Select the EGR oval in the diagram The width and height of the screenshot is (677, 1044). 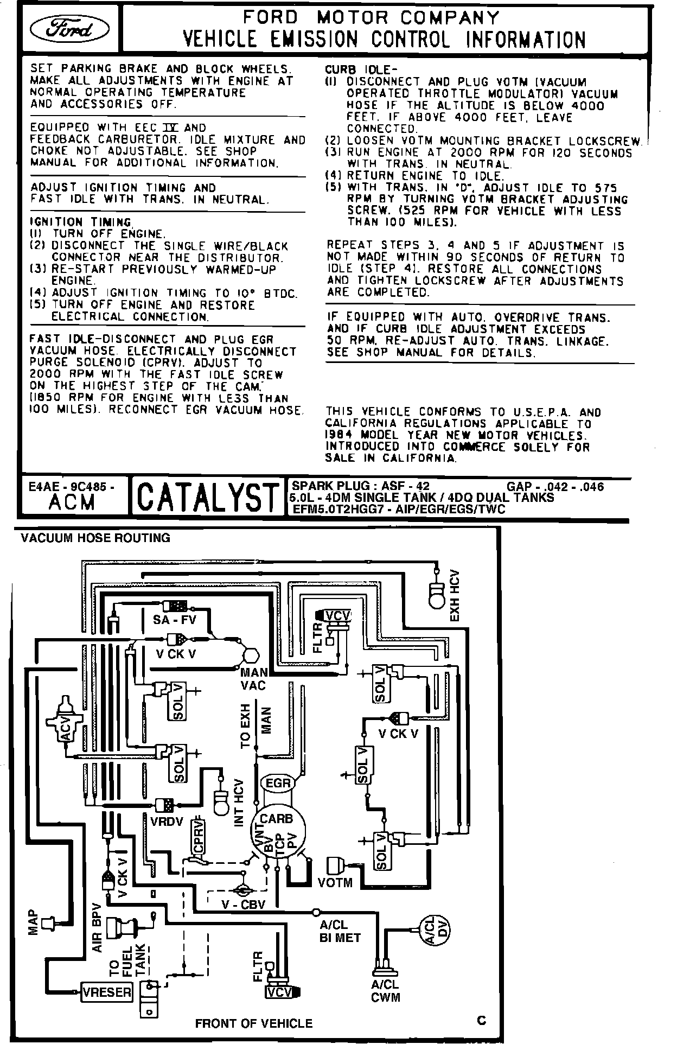(x=278, y=782)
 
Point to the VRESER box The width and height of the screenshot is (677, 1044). (x=107, y=992)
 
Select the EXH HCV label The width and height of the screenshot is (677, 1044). (x=455, y=595)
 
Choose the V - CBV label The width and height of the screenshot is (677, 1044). (x=243, y=905)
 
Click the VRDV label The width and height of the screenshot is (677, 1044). (x=168, y=821)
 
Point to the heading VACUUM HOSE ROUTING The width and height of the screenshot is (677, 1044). (x=95, y=538)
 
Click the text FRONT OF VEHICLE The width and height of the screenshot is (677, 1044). (x=254, y=1023)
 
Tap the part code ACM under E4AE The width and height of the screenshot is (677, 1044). (x=71, y=502)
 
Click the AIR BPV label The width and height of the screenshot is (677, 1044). (x=97, y=927)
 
